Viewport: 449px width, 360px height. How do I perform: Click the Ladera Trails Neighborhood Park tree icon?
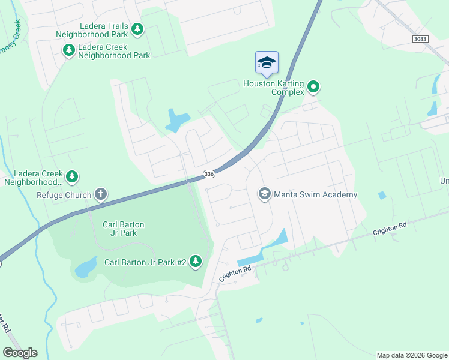[x=138, y=28]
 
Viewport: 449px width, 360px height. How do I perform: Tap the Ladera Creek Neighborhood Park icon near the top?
[x=68, y=50]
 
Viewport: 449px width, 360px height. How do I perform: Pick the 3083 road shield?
[x=421, y=38]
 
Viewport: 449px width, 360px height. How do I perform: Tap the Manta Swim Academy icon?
[x=264, y=194]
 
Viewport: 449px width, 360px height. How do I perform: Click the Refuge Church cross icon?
[x=101, y=194]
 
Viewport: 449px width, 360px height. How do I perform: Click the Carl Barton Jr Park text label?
[x=123, y=229]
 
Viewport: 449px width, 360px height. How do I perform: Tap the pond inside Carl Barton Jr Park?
[x=85, y=267]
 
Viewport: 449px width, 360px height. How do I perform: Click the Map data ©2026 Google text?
[x=411, y=355]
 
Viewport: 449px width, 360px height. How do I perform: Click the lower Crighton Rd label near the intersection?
[x=235, y=274]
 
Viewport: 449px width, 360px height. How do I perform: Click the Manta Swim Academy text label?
[x=315, y=194]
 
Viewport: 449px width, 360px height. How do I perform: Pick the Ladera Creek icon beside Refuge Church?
[x=72, y=176]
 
